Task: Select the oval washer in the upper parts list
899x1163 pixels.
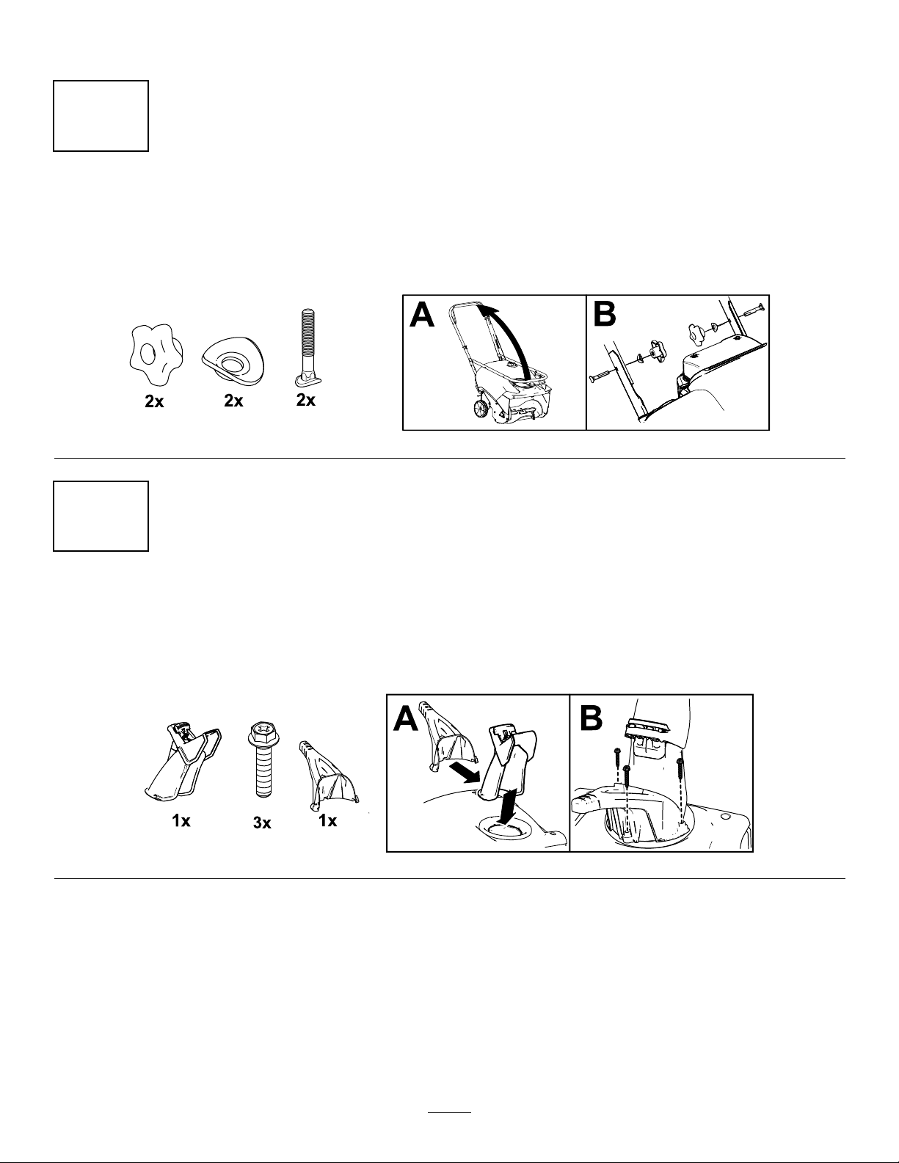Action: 234,361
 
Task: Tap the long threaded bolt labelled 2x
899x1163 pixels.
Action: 307,348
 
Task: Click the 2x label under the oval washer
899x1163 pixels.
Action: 233,401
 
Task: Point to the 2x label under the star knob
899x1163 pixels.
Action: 154,402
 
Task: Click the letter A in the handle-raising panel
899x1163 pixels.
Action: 422,316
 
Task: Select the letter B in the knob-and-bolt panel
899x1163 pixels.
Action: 605,316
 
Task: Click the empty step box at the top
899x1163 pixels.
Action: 101,116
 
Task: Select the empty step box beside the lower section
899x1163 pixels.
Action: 101,516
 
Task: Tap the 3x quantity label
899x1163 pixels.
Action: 262,823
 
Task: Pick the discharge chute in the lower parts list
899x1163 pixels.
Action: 183,763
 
